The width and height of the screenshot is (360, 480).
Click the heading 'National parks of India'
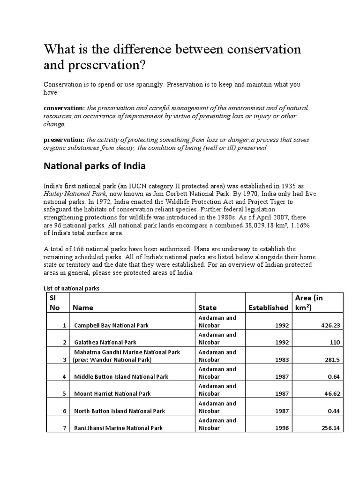[94, 166]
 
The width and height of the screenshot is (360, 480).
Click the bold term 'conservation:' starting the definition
[64, 108]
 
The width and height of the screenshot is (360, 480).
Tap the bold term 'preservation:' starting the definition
[64, 140]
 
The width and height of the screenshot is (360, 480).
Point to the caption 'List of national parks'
[71, 289]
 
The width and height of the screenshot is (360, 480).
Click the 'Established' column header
[269, 307]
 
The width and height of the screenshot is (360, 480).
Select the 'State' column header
[207, 307]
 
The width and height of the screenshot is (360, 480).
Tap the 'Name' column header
[83, 307]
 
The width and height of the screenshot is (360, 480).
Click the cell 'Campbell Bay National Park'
[115, 325]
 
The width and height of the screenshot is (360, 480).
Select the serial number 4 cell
[63, 376]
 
